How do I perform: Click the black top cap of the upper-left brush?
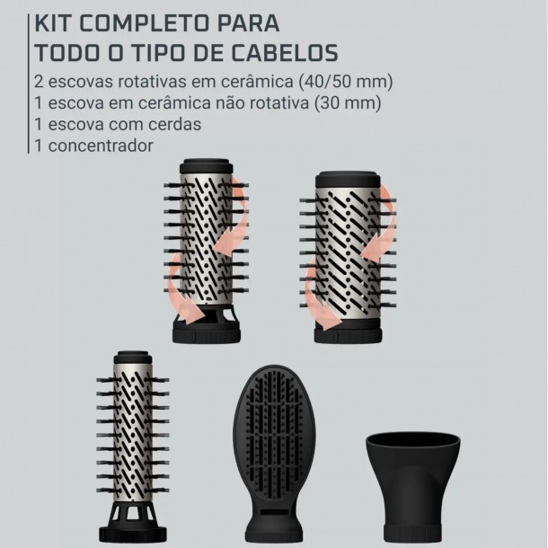pyautogui.click(x=206, y=166)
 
